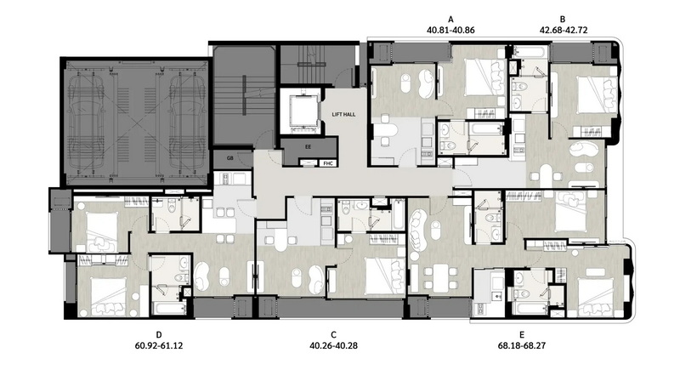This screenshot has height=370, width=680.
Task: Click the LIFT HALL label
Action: pos(343,115)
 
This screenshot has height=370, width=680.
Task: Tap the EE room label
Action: pos(308,147)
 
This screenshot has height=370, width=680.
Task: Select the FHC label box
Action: pos(327,163)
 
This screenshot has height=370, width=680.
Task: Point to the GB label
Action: pos(229,158)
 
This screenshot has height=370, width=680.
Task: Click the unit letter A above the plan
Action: pos(451,20)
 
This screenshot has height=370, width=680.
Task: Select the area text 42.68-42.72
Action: pos(564,31)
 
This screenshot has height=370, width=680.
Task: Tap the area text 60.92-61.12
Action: pos(159,345)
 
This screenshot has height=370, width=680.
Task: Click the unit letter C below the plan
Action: pos(333,335)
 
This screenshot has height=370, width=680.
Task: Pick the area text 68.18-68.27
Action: pos(522,345)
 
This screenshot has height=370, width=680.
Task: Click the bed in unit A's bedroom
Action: pos(483,77)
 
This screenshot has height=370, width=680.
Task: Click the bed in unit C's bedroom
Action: pos(384,276)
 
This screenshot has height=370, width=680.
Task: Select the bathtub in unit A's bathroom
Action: pos(485,128)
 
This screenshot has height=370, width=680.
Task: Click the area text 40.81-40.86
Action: pos(451,31)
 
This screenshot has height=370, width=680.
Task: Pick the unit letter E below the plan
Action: pos(522,335)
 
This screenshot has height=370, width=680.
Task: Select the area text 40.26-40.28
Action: pos(333,345)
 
